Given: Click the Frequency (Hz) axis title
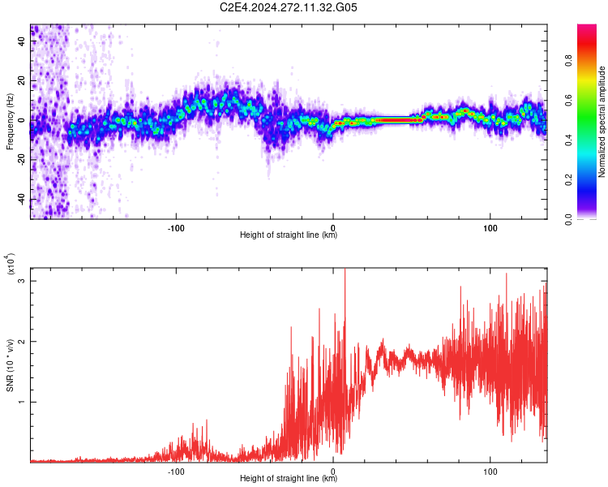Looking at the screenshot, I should pyautogui.click(x=10, y=121).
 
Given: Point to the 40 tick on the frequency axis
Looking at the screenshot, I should pyautogui.click(x=22, y=41).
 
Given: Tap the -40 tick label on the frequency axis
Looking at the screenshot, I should pyautogui.click(x=22, y=199).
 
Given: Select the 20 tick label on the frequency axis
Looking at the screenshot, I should pyautogui.click(x=22, y=80).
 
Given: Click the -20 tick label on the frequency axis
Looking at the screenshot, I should pyautogui.click(x=22, y=160).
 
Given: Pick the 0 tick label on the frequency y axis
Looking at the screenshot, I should pyautogui.click(x=22, y=120).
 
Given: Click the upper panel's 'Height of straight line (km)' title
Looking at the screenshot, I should pyautogui.click(x=289, y=235).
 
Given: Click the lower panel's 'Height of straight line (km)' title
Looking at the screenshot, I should pyautogui.click(x=289, y=479).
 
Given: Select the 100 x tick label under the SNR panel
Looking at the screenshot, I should pyautogui.click(x=490, y=470).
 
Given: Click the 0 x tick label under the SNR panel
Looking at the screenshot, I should pyautogui.click(x=333, y=470).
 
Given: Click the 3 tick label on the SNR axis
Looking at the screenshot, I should pyautogui.click(x=22, y=281).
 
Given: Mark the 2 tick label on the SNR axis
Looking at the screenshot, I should pyautogui.click(x=22, y=342).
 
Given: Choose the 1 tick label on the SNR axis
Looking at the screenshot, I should pyautogui.click(x=22, y=402).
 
